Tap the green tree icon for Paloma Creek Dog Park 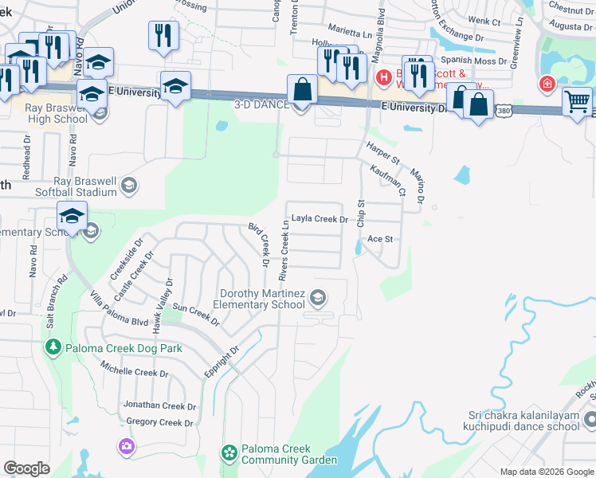(x=53, y=347)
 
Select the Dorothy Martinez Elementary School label (x=262, y=299)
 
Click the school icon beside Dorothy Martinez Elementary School (x=318, y=298)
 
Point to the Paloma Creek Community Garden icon (x=229, y=453)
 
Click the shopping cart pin (x=577, y=101)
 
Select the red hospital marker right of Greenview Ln (x=547, y=84)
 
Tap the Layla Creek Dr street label (x=320, y=218)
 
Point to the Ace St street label (x=381, y=239)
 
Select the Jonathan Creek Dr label (x=155, y=406)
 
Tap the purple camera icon (x=126, y=446)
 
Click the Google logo (x=26, y=468)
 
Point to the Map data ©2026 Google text (x=546, y=472)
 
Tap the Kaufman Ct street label (x=388, y=181)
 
